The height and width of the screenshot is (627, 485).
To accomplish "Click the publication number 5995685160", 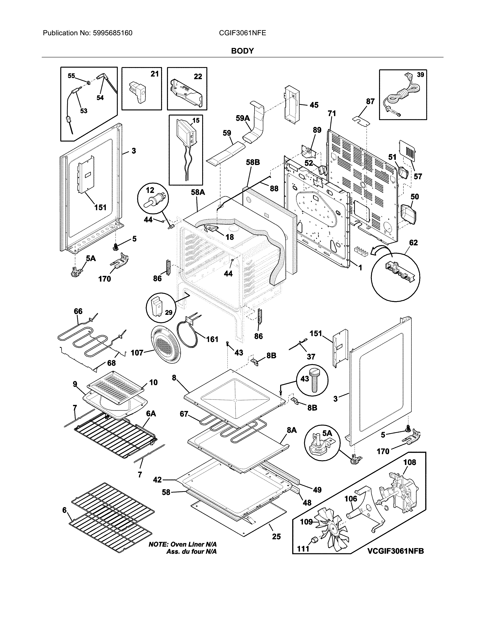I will pyautogui.click(x=113, y=33).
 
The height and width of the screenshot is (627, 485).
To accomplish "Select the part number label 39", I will pyautogui.click(x=420, y=75).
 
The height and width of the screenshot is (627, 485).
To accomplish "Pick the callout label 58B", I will pyautogui.click(x=253, y=162).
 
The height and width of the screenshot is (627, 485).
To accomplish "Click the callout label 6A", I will pyautogui.click(x=151, y=413).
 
